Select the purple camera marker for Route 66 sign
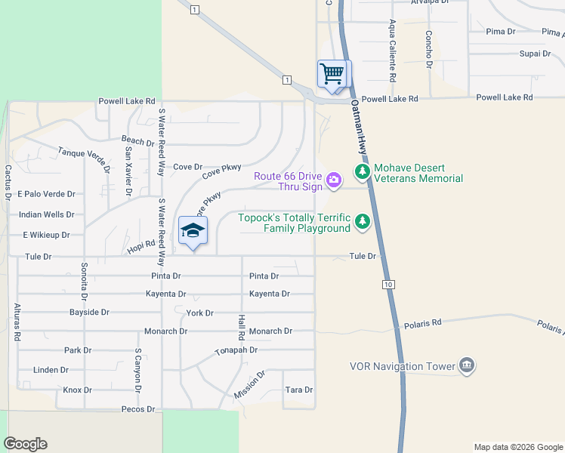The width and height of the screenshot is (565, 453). point(334,179)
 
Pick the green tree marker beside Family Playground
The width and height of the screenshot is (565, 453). point(363,222)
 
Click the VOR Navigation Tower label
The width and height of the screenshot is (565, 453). point(403,367)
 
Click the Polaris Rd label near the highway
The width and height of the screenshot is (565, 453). point(427,322)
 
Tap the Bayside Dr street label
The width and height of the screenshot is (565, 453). point(89,312)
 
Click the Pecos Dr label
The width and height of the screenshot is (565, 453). point(138,409)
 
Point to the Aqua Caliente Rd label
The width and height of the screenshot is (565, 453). point(394,51)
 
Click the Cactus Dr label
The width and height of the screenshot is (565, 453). point(8,182)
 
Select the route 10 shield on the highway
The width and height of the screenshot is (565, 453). point(388,284)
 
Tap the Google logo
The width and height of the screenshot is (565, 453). point(25,444)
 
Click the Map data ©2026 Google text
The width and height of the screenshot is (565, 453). point(517,447)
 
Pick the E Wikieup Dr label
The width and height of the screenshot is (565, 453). point(48,235)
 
